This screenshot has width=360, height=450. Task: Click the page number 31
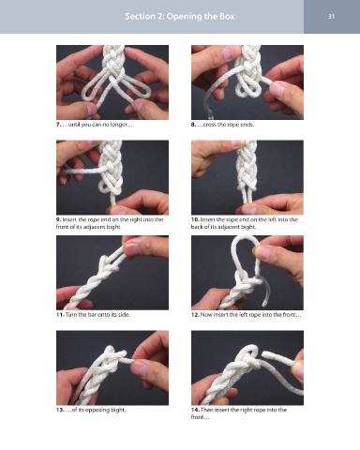[332, 16]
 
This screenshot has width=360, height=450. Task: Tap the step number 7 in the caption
[58, 125]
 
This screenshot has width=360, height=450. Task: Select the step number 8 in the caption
[193, 125]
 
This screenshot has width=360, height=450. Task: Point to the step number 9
[58, 219]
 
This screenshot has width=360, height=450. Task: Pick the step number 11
[60, 314]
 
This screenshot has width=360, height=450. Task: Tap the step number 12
[195, 314]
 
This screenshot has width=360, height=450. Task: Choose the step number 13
[60, 410]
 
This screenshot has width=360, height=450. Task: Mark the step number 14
[195, 410]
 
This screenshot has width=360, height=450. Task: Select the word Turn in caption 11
[71, 314]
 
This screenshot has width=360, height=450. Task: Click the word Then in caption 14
[206, 410]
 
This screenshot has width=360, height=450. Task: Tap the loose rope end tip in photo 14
[263, 354]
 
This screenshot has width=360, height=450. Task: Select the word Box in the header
[227, 16]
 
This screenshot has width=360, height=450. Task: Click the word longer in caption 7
[119, 125]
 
